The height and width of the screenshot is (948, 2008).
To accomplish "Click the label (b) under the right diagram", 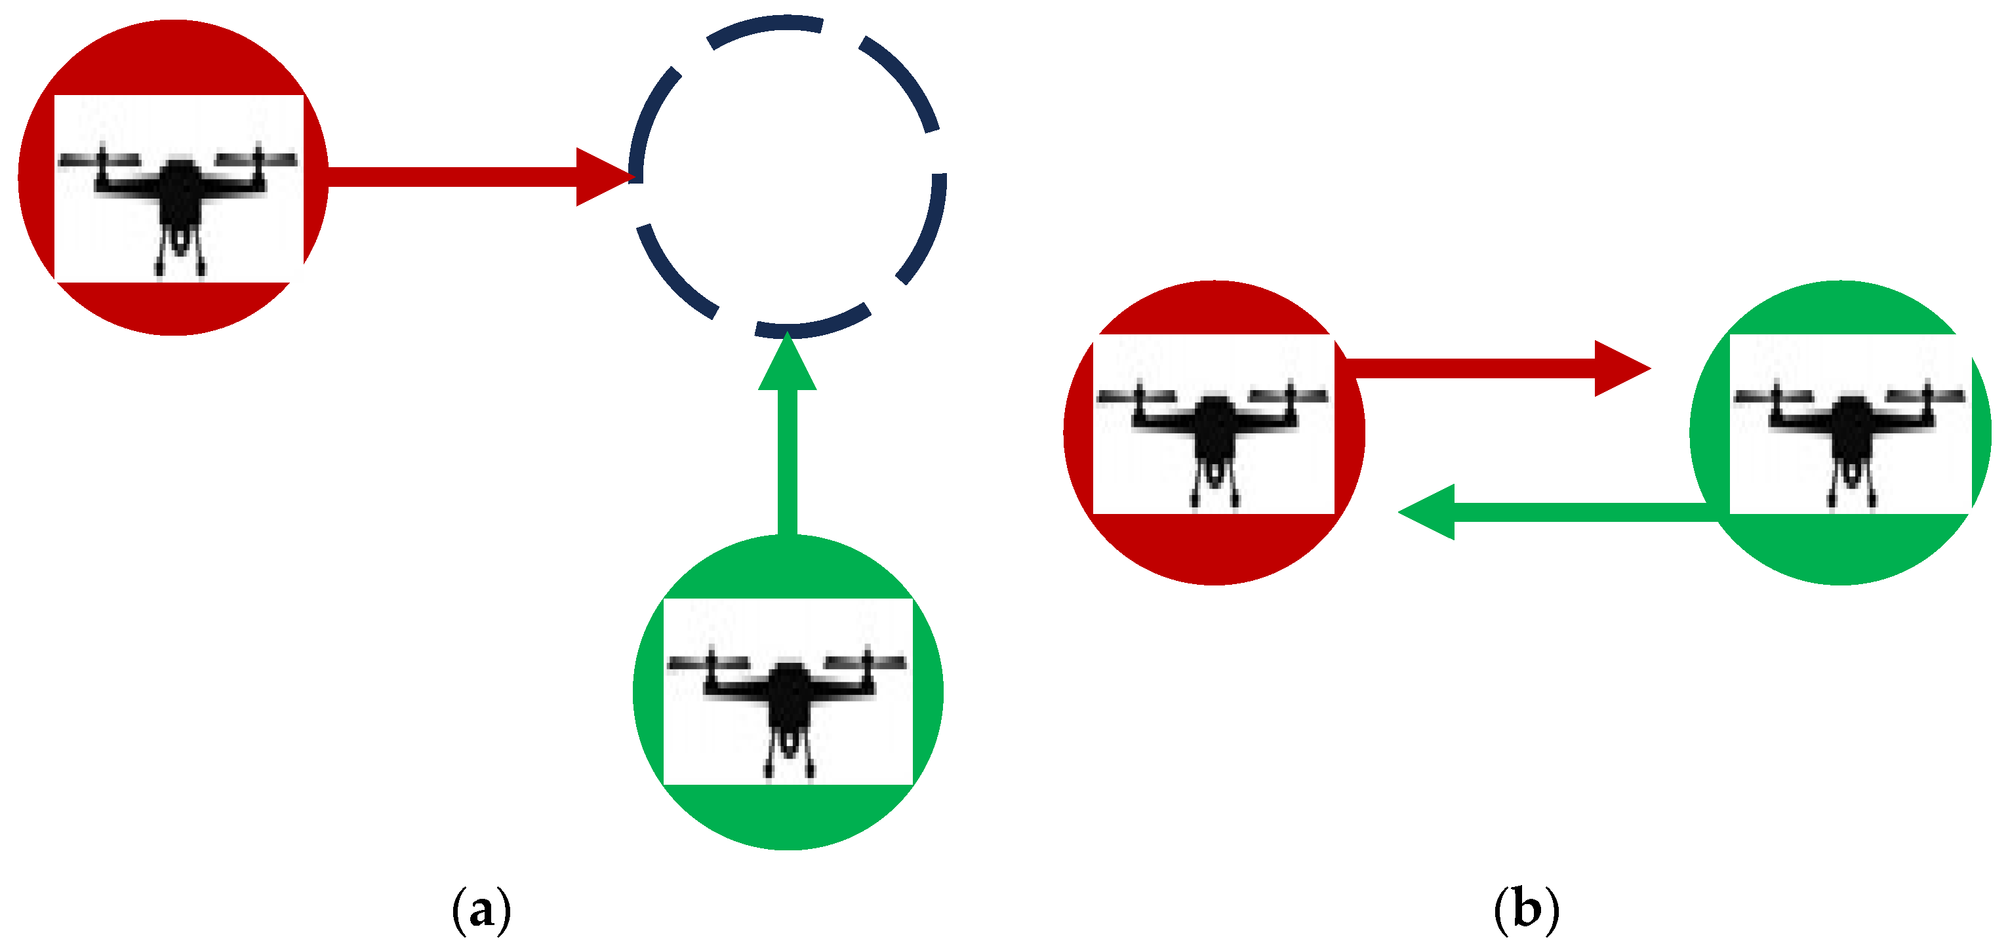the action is coord(1526,910).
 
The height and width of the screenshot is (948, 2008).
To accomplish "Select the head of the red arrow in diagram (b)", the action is coord(1620,368).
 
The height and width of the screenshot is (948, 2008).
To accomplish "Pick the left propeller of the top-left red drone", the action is coord(99,160).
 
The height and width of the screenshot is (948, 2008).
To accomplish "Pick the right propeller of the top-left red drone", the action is coord(256,159).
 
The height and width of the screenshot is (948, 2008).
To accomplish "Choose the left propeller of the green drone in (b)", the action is coord(1773,397).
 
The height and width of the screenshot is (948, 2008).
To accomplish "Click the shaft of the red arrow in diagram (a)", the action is coord(452,177).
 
